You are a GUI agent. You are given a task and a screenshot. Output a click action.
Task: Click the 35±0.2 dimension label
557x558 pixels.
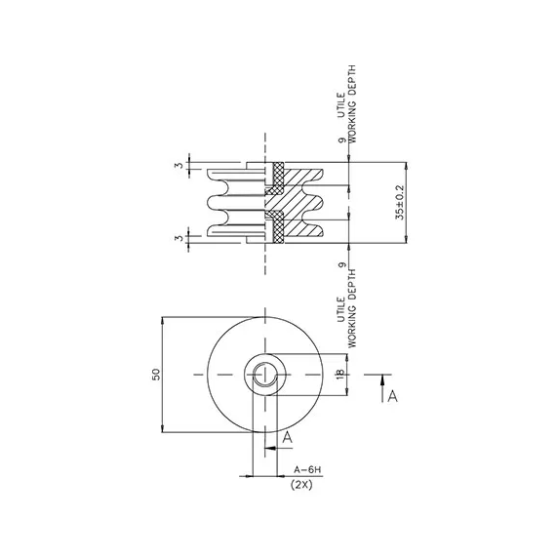pyautogui.click(x=400, y=203)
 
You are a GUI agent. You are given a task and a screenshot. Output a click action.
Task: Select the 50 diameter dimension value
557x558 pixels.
pyautogui.click(x=156, y=375)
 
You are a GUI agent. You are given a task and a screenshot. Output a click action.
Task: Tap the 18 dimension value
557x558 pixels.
pyautogui.click(x=339, y=374)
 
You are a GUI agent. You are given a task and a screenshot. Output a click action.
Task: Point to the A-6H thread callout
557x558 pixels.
pyautogui.click(x=307, y=470)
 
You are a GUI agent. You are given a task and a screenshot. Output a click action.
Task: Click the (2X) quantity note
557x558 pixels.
pyautogui.click(x=301, y=484)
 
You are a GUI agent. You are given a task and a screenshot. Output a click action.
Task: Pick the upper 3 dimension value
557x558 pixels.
pyautogui.click(x=180, y=165)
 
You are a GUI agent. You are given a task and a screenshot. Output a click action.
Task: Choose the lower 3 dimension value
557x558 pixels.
pyautogui.click(x=180, y=237)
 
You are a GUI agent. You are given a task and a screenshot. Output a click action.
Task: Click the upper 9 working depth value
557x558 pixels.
pyautogui.click(x=342, y=139)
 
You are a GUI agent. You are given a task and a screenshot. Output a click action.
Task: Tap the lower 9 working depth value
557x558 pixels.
pyautogui.click(x=342, y=265)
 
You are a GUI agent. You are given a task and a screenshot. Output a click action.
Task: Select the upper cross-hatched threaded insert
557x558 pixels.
pyautogui.click(x=276, y=178)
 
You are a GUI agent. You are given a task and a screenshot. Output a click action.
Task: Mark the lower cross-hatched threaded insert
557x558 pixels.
pyautogui.click(x=276, y=227)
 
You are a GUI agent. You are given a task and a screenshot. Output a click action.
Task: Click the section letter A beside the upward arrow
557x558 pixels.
pyautogui.click(x=392, y=396)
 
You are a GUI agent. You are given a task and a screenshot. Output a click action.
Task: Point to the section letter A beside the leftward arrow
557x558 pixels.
pyautogui.click(x=287, y=437)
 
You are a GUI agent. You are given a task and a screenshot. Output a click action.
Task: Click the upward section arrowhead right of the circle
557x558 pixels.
pyautogui.click(x=382, y=380)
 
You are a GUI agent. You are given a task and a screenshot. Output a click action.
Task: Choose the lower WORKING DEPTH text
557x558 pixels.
pyautogui.click(x=351, y=308)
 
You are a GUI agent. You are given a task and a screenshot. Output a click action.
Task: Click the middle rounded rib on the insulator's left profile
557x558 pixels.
pyautogui.click(x=214, y=203)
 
